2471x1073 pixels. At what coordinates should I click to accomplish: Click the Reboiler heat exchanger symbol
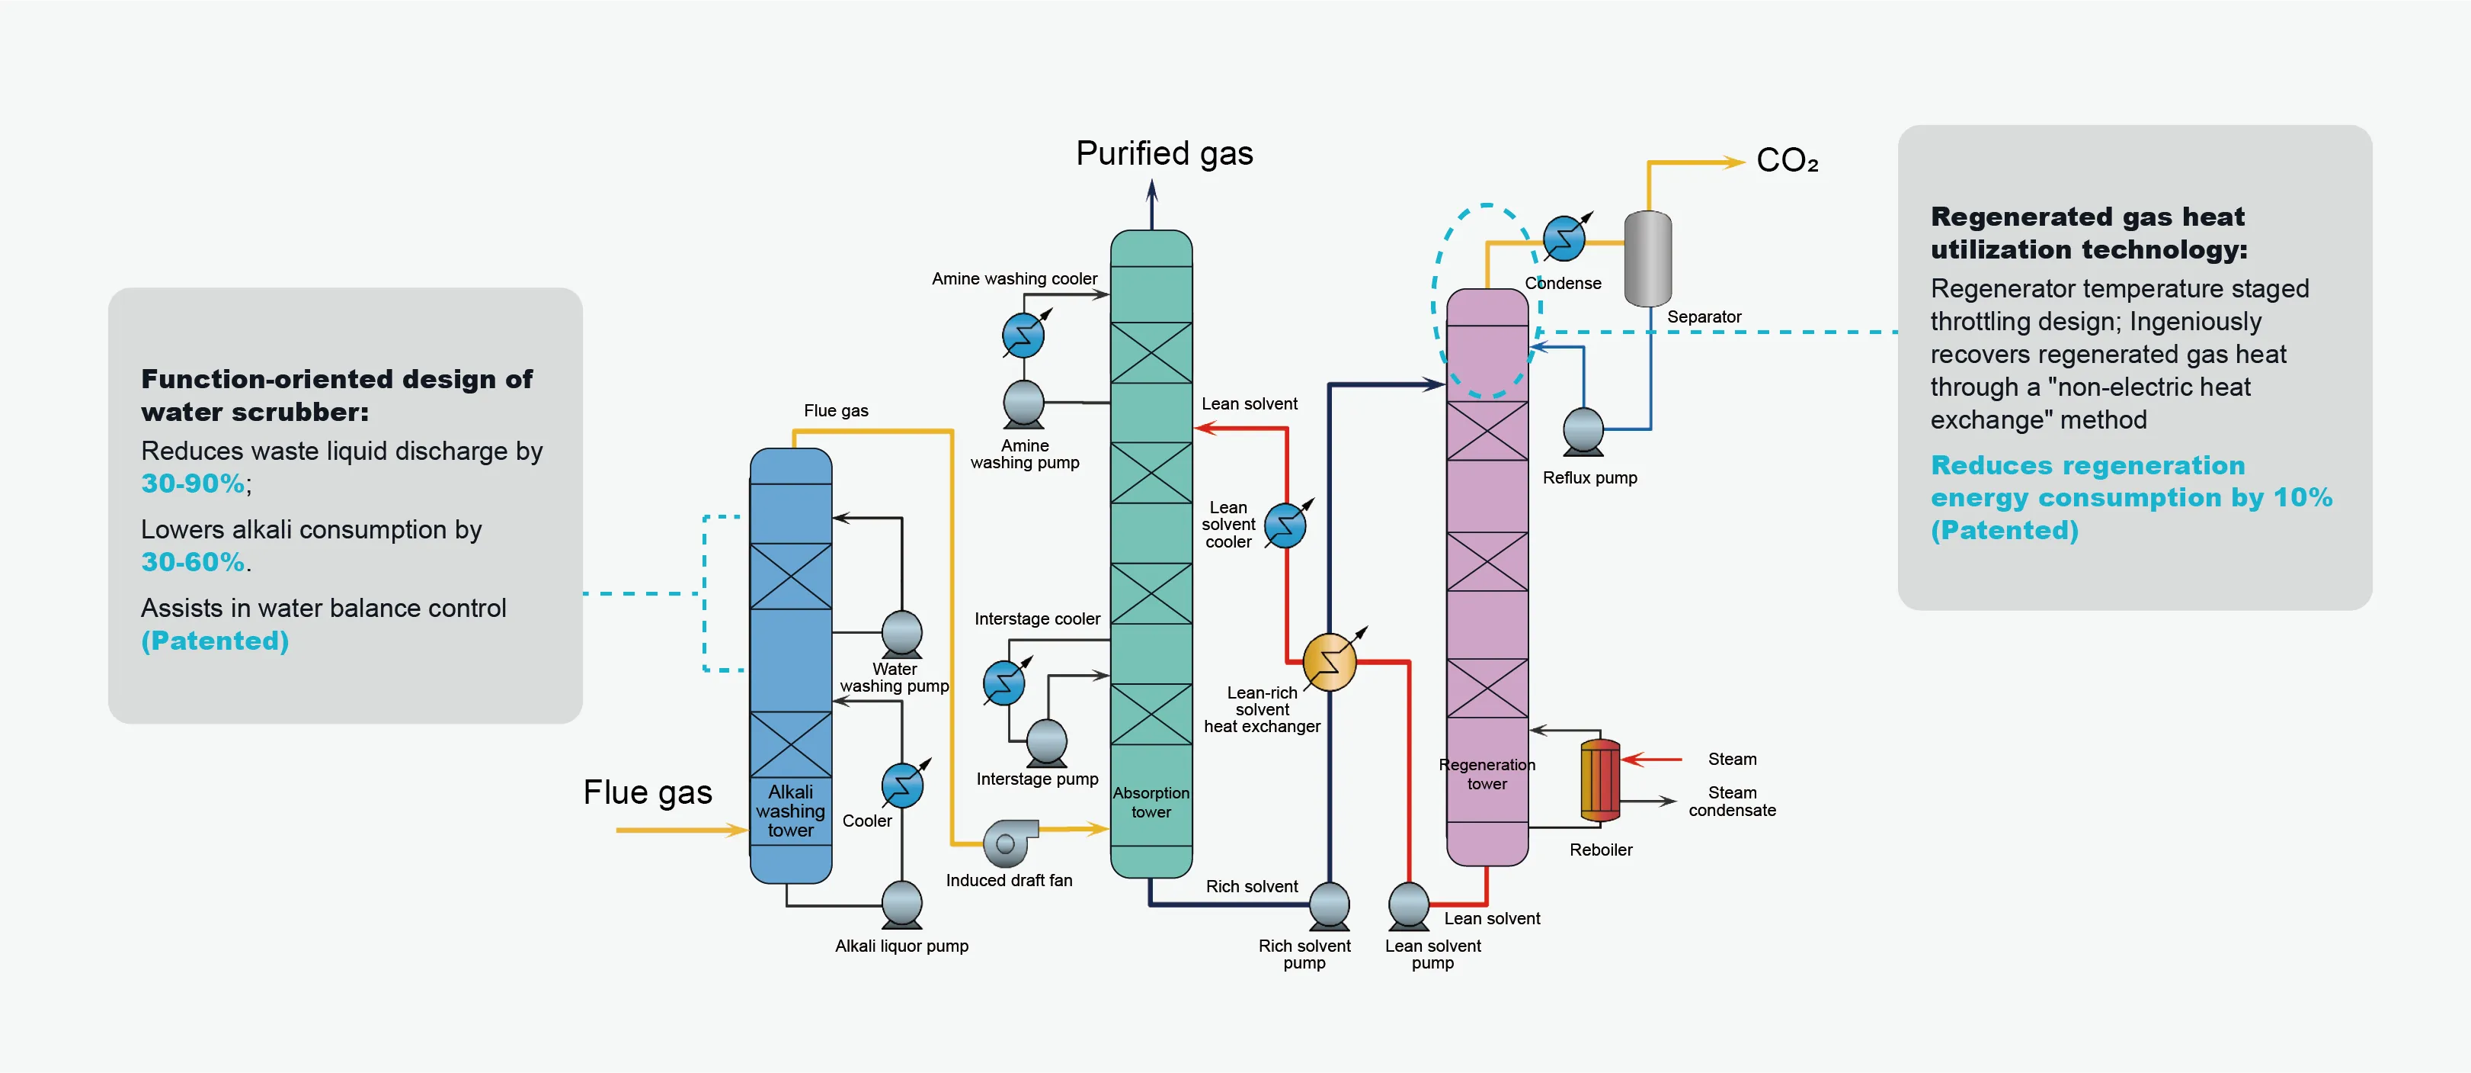point(1600,780)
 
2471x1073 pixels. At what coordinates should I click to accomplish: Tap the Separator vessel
point(1647,259)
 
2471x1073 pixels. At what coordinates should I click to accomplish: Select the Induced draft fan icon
point(1009,842)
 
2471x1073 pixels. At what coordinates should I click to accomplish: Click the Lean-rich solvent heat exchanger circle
point(1330,662)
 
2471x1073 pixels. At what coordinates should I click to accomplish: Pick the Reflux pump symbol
point(1583,431)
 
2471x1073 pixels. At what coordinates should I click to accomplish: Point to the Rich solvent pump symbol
point(1330,905)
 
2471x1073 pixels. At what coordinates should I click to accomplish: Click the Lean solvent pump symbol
point(1408,905)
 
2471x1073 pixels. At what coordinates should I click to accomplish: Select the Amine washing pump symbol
point(1023,403)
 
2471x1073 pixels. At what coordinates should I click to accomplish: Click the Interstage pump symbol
point(1046,742)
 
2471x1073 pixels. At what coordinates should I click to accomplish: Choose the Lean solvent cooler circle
point(1285,525)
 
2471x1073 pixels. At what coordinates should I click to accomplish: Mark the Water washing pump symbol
point(901,634)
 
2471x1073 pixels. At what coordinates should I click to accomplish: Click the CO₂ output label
point(1786,160)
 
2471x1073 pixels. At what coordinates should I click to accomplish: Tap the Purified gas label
point(1163,153)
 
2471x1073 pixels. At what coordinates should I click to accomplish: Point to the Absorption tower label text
point(1151,802)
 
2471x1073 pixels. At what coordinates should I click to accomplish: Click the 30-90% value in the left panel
point(193,483)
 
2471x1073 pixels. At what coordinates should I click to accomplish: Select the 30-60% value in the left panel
point(193,561)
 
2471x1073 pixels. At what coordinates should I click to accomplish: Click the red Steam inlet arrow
point(1652,759)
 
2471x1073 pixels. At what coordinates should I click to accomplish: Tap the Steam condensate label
point(1731,802)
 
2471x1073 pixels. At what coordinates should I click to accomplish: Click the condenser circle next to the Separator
point(1564,238)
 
